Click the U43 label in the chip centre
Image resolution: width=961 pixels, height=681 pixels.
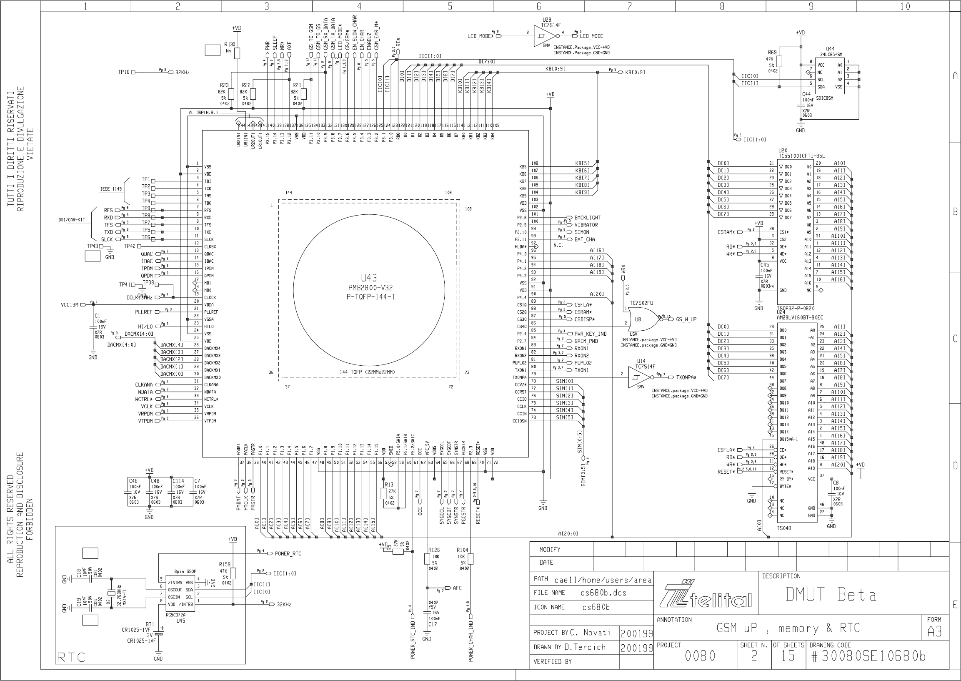[x=369, y=278]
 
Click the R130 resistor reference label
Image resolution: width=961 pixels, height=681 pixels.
[x=230, y=45]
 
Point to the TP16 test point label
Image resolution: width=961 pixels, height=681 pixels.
[x=124, y=72]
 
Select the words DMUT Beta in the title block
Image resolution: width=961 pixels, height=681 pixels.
[x=831, y=595]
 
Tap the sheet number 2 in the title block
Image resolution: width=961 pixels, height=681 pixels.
[x=753, y=656]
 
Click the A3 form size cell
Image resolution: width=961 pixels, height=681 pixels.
[x=934, y=632]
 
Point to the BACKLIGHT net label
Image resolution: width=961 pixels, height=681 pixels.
[x=587, y=218]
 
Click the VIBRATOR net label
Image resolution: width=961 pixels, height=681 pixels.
[x=586, y=225]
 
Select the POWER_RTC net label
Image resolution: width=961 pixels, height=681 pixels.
[x=288, y=553]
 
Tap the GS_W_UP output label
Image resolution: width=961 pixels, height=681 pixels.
[x=686, y=319]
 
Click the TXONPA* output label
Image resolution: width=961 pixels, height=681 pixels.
[x=686, y=377]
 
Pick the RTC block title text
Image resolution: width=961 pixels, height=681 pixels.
[x=71, y=657]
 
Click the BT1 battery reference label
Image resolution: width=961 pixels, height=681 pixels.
[x=150, y=624]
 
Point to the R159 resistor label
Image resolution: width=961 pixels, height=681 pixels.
[x=225, y=564]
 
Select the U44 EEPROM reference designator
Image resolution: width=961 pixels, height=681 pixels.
[x=830, y=49]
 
